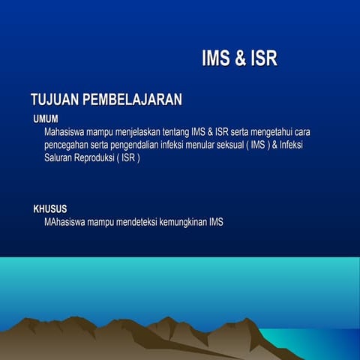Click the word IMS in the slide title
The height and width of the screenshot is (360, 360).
click(x=217, y=59)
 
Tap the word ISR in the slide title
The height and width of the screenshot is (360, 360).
click(x=262, y=59)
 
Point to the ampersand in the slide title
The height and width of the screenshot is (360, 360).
click(x=239, y=59)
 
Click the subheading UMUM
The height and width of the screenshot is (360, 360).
click(x=46, y=118)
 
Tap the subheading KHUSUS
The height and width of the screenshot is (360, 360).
click(x=50, y=209)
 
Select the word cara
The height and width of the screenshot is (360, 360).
click(x=304, y=132)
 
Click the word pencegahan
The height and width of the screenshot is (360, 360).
click(x=67, y=145)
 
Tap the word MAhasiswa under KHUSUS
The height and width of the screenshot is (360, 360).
click(x=64, y=223)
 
